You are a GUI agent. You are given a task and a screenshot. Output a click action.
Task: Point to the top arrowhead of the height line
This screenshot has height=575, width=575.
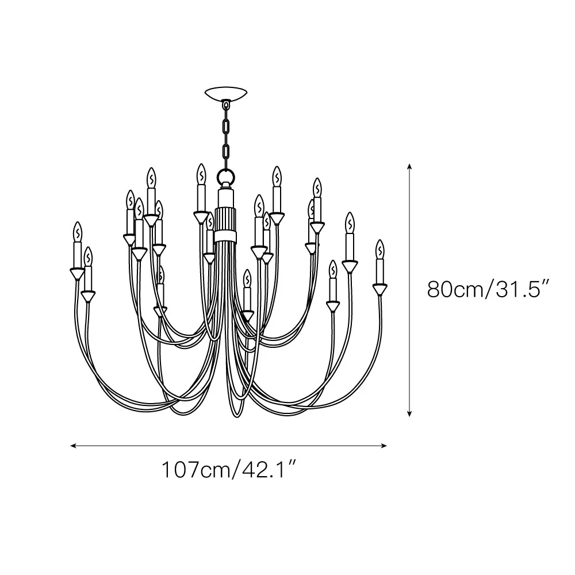coord(409,167)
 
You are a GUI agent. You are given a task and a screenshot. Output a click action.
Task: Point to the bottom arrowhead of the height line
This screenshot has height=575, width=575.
coord(409,413)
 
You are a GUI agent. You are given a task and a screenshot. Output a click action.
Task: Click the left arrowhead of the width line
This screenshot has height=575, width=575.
coord(74,446)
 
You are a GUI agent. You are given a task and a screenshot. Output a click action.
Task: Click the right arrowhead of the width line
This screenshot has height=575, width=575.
coord(384,446)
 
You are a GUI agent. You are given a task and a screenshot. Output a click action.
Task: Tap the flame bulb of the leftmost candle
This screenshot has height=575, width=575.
coord(78,232)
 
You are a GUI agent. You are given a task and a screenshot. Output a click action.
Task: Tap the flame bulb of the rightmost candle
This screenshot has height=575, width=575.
coord(380,250)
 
